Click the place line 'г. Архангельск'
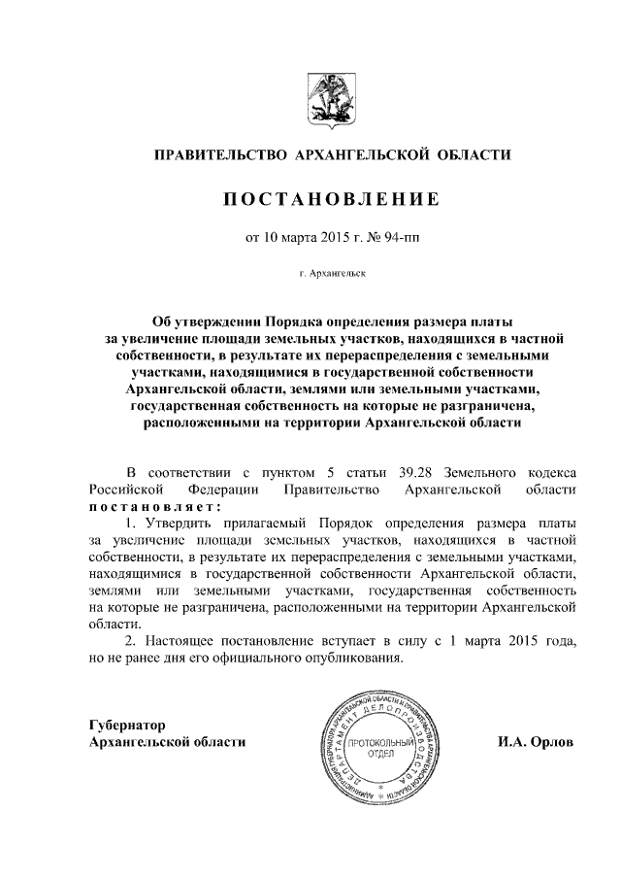pos(332,276)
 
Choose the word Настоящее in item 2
pos(181,643)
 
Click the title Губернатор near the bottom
pos(127,726)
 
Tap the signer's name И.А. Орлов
pos(535,742)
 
